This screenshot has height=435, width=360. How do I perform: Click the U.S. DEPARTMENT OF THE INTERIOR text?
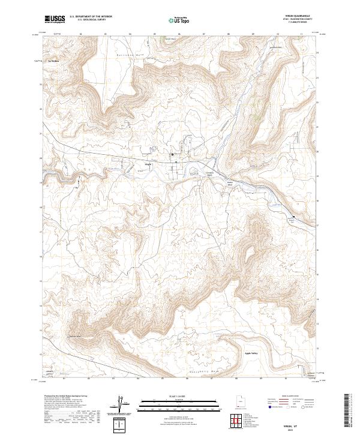(x=91, y=17)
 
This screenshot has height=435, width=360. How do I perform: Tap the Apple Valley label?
(x=253, y=353)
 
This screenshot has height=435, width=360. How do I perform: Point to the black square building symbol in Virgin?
(x=173, y=154)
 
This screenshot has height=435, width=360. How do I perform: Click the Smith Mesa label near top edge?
(x=170, y=39)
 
